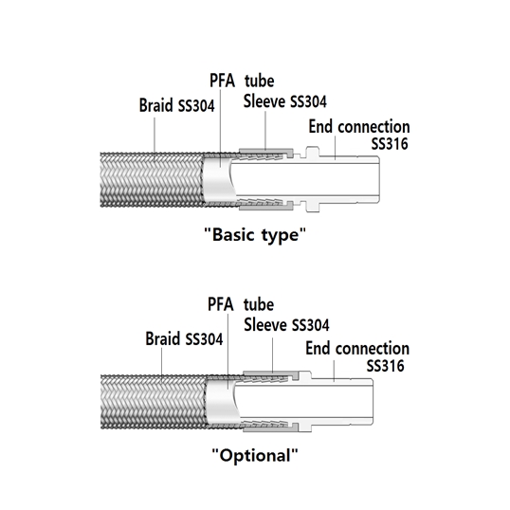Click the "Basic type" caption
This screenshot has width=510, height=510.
click(255, 234)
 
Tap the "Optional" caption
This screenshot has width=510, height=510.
click(255, 455)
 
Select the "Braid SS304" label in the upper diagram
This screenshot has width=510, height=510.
click(177, 105)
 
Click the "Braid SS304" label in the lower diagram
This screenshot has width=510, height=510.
click(184, 339)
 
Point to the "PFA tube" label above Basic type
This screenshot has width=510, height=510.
click(242, 81)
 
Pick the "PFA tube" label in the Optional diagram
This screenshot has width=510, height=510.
click(241, 304)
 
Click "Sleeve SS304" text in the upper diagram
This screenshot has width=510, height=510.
click(285, 101)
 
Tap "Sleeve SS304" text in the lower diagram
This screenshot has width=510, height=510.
click(286, 325)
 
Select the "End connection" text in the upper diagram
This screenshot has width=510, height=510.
click(359, 126)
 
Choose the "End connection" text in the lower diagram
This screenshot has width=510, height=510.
click(357, 348)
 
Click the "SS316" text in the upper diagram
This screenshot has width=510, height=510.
click(390, 143)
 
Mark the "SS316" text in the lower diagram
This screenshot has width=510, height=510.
click(385, 366)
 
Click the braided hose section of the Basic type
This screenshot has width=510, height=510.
click(152, 180)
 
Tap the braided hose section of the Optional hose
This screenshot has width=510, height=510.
click(153, 402)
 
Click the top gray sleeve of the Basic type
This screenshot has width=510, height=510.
click(266, 152)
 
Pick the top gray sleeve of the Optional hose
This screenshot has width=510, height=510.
click(270, 373)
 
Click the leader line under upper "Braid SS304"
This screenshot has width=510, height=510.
click(155, 135)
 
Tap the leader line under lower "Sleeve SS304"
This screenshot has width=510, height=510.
click(273, 355)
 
